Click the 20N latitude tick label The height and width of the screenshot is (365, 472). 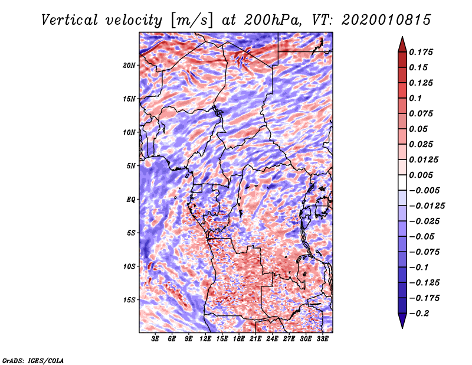129,65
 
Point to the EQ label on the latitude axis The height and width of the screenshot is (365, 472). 131,200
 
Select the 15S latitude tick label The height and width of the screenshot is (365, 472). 129,300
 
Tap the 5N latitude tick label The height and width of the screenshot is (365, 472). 131,166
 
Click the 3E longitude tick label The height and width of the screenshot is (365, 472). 156,340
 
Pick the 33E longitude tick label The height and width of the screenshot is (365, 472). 322,340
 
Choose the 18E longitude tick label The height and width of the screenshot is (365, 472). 239,340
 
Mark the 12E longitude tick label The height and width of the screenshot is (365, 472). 206,340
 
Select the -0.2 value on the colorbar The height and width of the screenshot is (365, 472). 419,313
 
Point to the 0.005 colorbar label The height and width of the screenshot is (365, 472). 422,175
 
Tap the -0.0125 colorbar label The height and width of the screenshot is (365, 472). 426,206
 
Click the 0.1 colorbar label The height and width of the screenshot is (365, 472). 415,98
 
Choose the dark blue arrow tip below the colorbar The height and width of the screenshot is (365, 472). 401,323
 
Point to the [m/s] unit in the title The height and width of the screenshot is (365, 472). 191,19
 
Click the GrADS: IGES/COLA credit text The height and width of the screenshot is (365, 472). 32,360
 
